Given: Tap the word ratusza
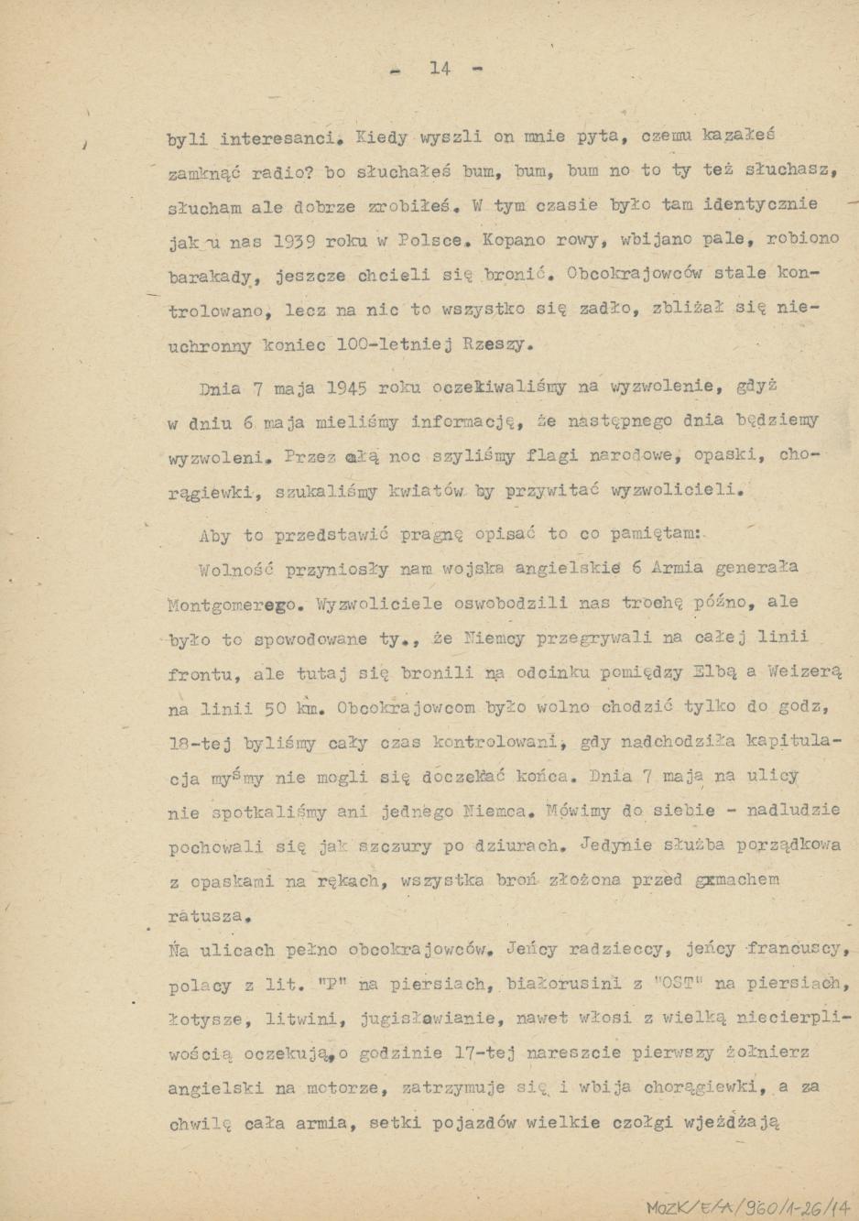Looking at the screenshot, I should (x=209, y=915).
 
